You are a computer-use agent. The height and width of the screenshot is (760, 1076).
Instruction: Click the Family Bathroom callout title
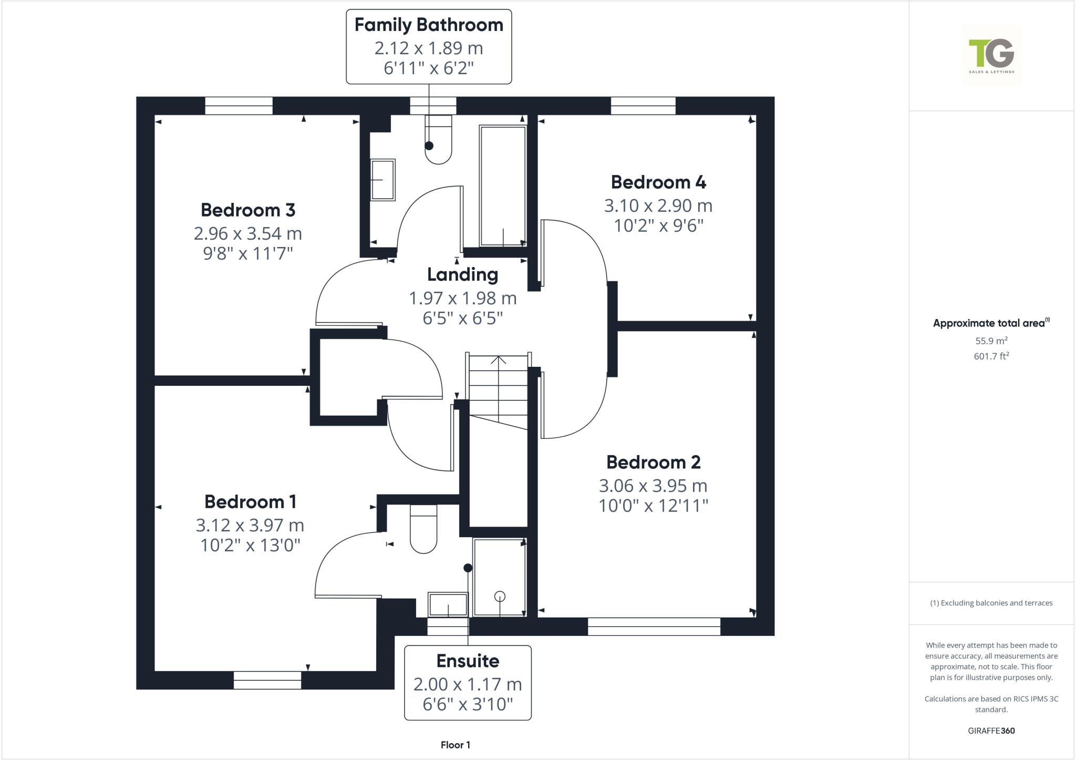point(429,25)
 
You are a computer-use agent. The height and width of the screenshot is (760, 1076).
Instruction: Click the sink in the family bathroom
point(383,180)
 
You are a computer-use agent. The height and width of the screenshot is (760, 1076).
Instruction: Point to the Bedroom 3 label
point(248,210)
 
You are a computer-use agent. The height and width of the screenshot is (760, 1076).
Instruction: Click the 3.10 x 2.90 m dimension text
point(658,206)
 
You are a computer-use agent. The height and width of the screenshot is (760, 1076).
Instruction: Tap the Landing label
point(462,274)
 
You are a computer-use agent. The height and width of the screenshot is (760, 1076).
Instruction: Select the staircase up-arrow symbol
point(498,361)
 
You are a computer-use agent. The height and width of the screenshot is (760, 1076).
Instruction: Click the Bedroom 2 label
point(653,463)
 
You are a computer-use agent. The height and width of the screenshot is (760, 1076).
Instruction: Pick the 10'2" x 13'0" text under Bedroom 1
point(250,546)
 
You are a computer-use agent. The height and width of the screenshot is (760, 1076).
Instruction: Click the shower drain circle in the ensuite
point(500,596)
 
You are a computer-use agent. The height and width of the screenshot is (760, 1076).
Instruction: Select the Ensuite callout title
point(468,661)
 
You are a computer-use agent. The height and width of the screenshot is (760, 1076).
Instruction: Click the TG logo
point(991,55)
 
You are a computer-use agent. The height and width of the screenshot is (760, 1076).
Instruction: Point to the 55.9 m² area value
point(991,341)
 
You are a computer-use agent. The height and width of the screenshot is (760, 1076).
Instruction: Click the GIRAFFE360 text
point(991,731)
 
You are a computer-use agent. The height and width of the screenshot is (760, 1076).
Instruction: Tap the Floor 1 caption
point(456,745)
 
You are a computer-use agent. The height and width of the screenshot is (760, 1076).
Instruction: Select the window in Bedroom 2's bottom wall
point(654,627)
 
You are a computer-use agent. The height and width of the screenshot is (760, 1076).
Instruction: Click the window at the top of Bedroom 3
point(239,106)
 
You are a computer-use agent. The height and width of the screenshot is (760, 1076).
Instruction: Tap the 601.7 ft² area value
point(991,356)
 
